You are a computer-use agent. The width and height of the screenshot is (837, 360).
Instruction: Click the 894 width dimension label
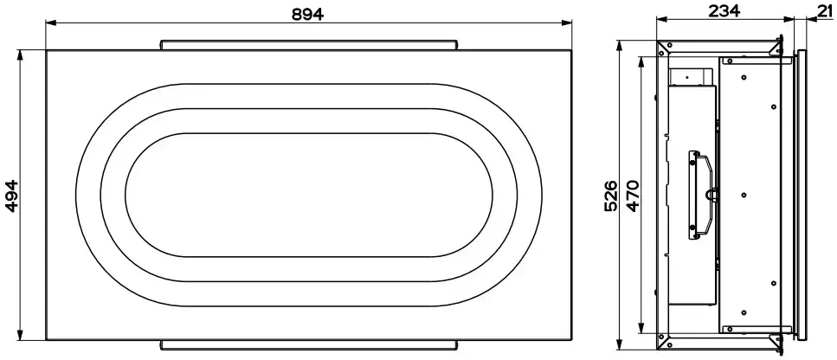pos(307,15)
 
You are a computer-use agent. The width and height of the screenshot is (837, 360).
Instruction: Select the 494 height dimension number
pos(12,196)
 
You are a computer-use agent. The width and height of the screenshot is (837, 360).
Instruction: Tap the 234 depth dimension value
pos(724,10)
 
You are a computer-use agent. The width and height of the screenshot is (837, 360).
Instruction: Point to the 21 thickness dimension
pos(827,10)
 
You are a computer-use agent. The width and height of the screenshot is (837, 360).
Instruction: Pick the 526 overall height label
pos(611,196)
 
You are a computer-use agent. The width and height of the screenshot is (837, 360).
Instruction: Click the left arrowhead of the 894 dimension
pos(51,22)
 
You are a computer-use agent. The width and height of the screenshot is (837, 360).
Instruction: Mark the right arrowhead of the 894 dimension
pos(566,22)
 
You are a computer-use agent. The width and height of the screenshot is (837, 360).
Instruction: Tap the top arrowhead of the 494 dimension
pos(21,55)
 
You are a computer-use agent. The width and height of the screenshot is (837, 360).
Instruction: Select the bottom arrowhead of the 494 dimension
pos(21,334)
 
